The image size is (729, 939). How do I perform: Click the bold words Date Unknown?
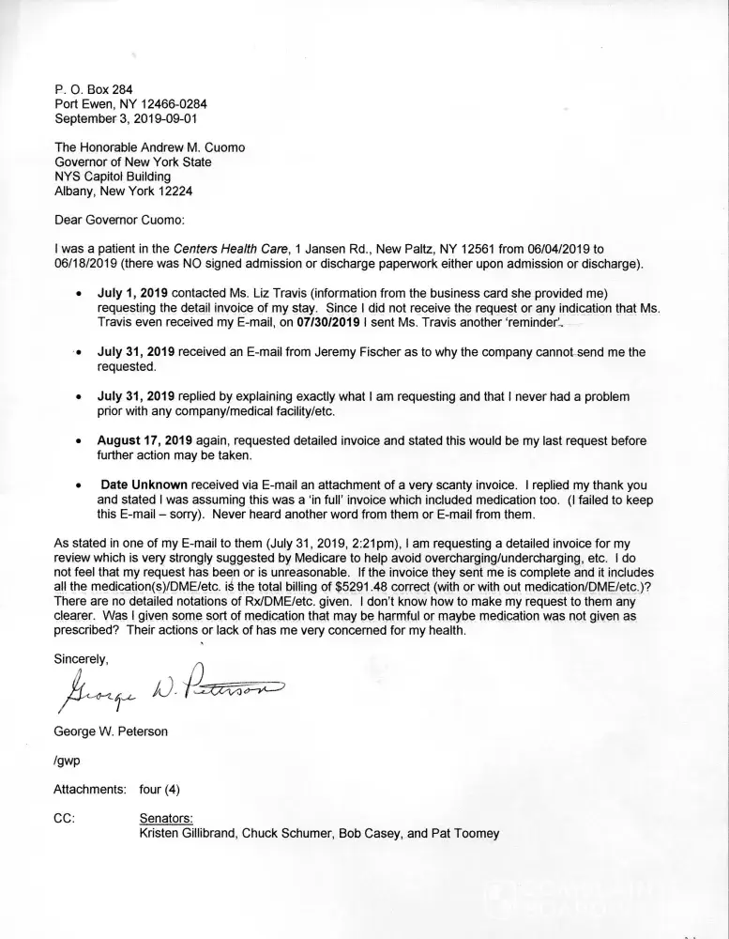[144, 485]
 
